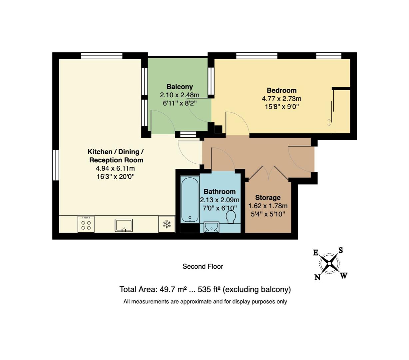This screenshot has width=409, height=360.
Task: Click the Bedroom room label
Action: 281,90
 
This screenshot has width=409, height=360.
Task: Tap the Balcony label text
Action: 180,87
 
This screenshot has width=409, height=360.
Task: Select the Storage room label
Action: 268,198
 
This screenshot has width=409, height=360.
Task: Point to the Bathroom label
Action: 219,192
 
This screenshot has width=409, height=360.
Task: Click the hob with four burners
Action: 86,224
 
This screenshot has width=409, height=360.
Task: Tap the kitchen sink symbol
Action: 124,225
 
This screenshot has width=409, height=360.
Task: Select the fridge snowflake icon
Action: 167,224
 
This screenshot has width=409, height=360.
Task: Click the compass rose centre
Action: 329,264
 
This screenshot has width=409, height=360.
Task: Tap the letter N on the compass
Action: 317,277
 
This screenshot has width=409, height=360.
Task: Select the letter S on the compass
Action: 341,250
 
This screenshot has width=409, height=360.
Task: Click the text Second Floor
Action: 203,266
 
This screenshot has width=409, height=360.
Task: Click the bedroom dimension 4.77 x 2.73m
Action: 281,99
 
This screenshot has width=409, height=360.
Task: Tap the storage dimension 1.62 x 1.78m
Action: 268,206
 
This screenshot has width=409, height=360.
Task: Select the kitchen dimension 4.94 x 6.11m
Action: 115,168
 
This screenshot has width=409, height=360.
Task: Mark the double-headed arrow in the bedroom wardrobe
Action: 329,122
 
